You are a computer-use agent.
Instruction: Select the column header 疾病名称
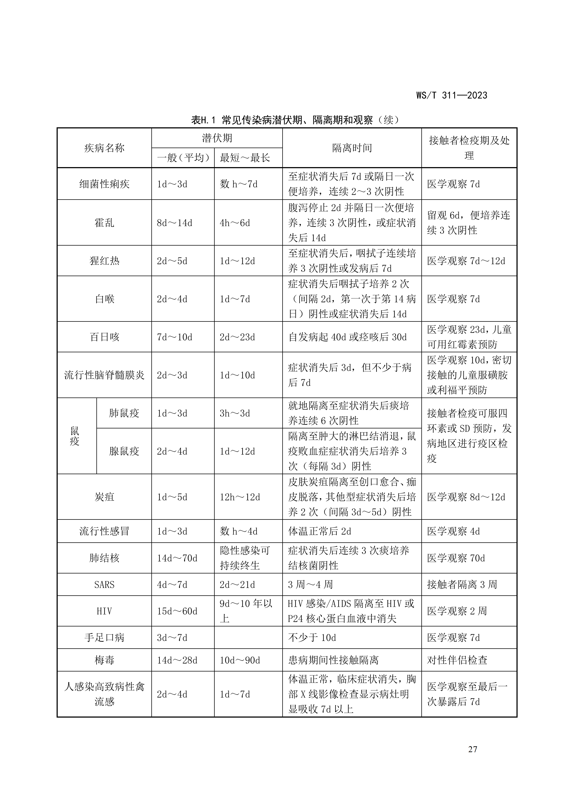[x=104, y=148]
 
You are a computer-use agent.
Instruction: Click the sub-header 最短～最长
[x=245, y=158]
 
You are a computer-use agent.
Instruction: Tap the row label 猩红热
[x=104, y=261]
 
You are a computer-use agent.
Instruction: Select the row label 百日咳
[x=104, y=337]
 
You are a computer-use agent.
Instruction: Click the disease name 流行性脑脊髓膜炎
[x=104, y=375]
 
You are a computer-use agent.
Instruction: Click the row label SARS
[x=104, y=585]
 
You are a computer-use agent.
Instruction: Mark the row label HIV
[x=104, y=611]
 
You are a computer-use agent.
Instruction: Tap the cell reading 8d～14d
[x=175, y=223]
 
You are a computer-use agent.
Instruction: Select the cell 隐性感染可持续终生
[x=245, y=558]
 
